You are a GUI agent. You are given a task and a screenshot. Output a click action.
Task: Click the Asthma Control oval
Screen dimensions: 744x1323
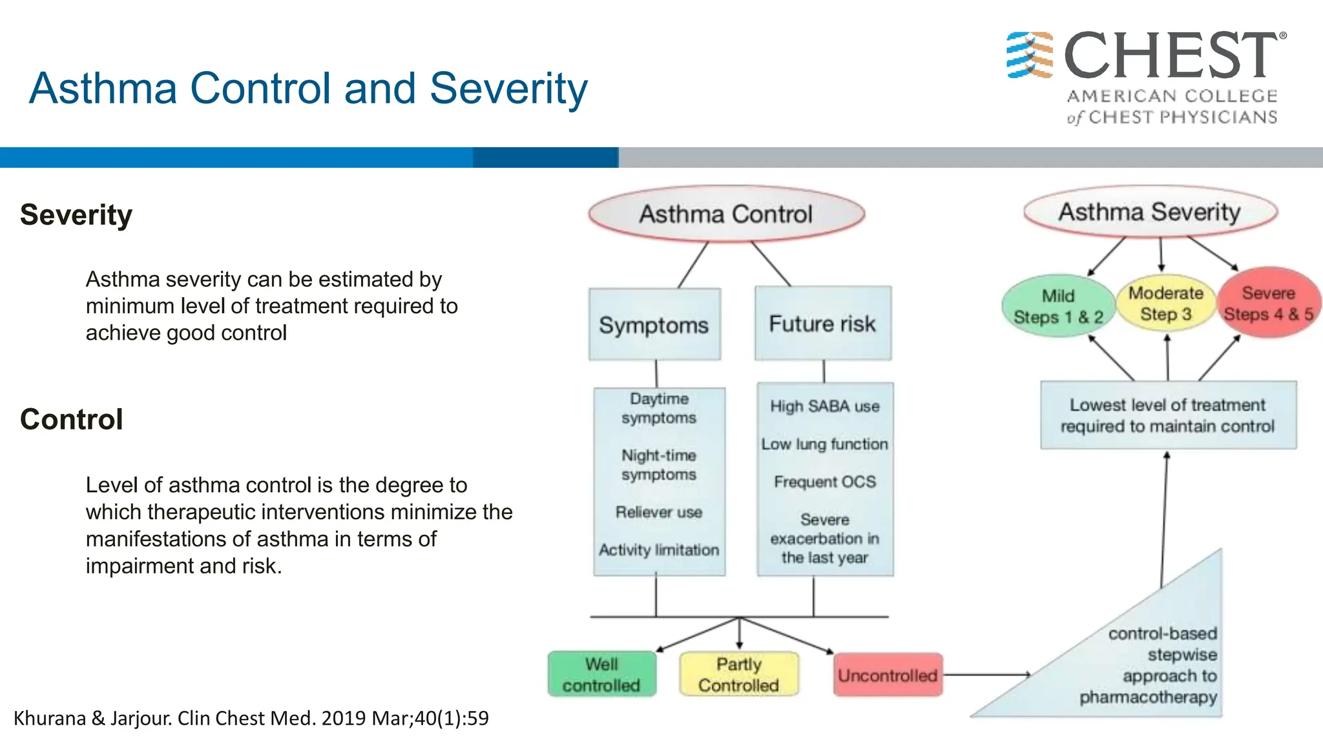[726, 214]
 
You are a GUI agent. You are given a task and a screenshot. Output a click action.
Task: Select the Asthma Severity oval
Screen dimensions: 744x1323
[1150, 212]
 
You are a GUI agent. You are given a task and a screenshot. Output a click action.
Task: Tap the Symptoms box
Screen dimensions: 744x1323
[654, 325]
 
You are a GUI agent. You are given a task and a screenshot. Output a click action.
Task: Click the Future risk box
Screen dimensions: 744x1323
[822, 324]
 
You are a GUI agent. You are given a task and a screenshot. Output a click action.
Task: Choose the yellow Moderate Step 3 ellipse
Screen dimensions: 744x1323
[1165, 304]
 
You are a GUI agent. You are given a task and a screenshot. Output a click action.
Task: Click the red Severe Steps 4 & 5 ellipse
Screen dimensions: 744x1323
[1268, 304]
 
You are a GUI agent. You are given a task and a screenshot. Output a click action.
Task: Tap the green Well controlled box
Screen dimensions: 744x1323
[601, 674]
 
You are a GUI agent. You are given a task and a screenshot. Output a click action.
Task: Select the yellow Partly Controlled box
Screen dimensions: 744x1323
[738, 674]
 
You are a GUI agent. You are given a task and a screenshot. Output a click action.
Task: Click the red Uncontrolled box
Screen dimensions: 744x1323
[887, 676]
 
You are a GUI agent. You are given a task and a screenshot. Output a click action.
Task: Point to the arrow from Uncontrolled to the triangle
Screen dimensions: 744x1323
[986, 675]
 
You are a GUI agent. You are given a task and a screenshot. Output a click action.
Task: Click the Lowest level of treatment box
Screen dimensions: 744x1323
[1167, 415]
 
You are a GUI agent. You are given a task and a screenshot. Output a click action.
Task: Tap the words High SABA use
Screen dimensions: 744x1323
[824, 406]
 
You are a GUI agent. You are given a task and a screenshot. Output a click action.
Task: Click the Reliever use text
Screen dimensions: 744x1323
[658, 512]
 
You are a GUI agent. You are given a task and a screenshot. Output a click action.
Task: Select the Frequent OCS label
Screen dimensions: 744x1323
[824, 482]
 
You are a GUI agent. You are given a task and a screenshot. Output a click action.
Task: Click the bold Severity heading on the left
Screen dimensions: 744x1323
[76, 215]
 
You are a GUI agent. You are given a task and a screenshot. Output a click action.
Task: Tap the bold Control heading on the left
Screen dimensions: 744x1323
[71, 420]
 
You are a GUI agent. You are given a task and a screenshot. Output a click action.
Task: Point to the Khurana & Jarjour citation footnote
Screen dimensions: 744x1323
[251, 718]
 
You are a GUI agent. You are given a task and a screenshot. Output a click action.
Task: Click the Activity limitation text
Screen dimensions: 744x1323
[658, 550]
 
